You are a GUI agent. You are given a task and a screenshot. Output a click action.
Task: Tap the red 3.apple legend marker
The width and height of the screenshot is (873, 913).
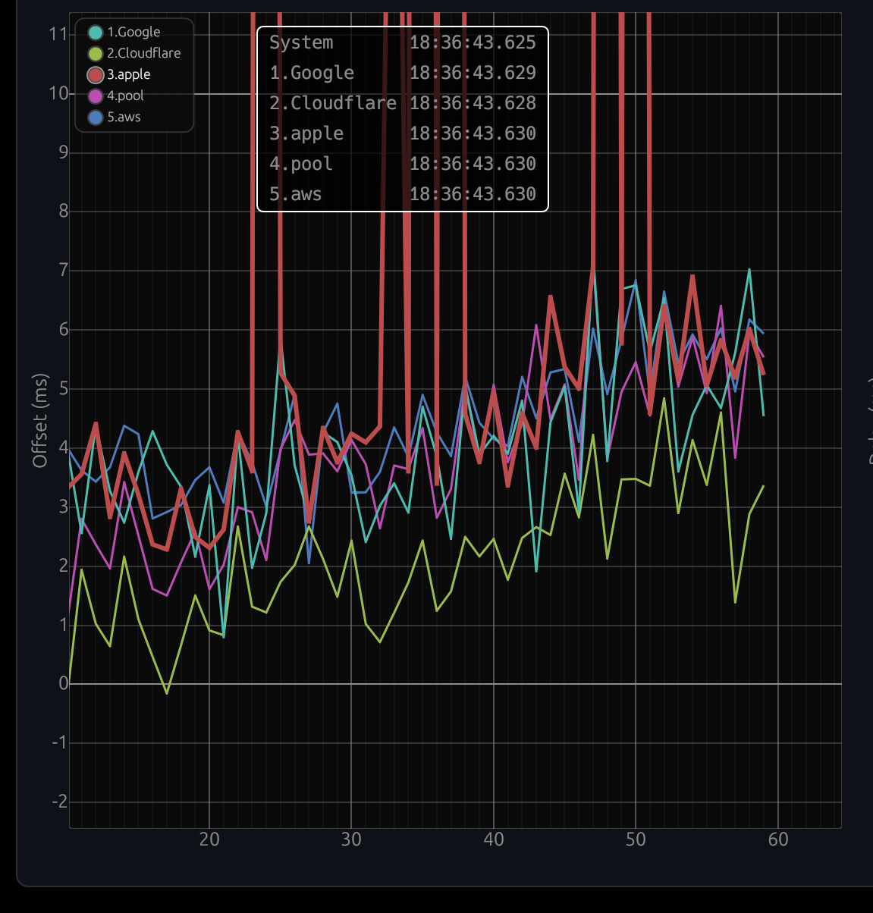(x=96, y=74)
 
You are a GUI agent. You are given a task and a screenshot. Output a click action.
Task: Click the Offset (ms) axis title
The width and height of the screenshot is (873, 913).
(x=40, y=420)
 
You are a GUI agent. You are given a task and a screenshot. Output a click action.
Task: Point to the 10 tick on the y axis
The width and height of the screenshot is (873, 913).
(x=58, y=93)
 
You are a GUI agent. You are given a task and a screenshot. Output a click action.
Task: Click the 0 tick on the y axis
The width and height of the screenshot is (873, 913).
(x=63, y=683)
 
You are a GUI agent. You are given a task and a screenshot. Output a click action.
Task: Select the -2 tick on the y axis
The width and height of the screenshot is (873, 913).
(x=59, y=802)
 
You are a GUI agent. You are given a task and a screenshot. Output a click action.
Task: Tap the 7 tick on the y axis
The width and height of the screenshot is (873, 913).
(x=63, y=270)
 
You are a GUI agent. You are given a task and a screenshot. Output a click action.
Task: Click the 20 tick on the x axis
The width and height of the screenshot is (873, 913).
(x=209, y=839)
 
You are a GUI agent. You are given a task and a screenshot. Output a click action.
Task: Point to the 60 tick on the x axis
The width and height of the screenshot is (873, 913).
(x=778, y=839)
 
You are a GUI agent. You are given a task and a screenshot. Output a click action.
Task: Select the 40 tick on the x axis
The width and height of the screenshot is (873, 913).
(x=494, y=839)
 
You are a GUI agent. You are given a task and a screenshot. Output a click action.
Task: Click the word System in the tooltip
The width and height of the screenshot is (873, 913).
(x=301, y=42)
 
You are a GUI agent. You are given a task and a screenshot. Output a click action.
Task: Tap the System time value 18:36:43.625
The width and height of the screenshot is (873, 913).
(x=473, y=42)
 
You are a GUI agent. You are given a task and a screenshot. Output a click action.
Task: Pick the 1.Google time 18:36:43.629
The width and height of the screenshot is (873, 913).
(x=473, y=73)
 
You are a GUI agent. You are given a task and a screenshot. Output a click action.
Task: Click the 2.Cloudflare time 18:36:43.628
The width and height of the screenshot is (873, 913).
(x=473, y=103)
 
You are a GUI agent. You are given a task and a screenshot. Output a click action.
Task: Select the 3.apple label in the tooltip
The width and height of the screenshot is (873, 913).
(x=306, y=133)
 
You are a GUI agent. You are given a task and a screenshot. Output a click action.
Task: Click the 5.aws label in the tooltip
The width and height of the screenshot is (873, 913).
(x=295, y=194)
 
